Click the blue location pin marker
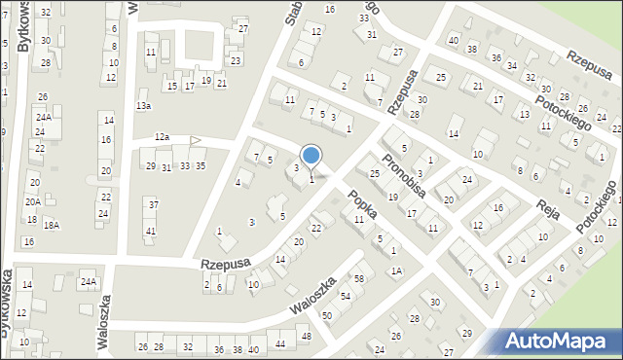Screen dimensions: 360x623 coord(311,156)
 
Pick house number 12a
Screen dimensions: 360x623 coord(162,138)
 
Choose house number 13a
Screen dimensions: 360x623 coord(144,105)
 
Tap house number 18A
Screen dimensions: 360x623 coord(51,225)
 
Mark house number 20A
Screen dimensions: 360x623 coord(32,201)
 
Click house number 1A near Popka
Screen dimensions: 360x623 coord(396,271)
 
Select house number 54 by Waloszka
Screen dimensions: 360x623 coord(345,296)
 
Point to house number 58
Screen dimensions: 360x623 coord(358,279)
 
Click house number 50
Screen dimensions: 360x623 coord(327,315)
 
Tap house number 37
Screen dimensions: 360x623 coord(153,204)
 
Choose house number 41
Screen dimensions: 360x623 coord(150,231)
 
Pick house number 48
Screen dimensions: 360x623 coord(306,337)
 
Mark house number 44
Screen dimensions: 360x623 coord(280,343)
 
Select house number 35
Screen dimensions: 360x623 coord(200,166)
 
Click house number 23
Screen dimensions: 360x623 coord(236,60)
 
